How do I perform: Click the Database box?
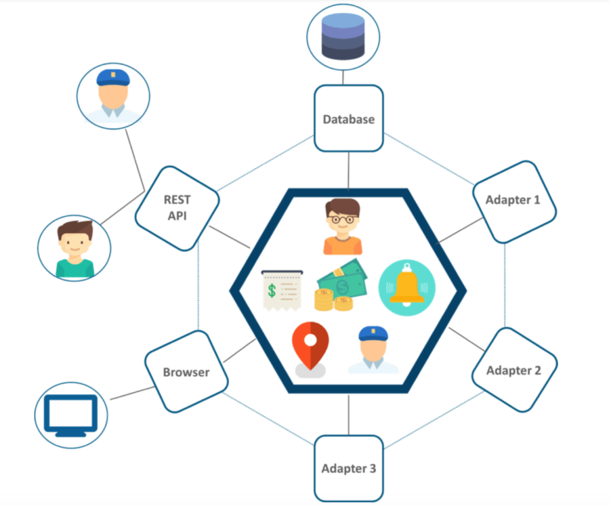point(349,118)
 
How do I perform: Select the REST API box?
point(177,208)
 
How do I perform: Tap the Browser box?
point(186,372)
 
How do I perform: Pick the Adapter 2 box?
point(514,370)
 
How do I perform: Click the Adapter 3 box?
point(349,468)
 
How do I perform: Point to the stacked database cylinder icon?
point(343,36)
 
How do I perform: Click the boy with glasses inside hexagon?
point(342,227)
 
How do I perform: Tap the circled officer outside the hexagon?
point(113,96)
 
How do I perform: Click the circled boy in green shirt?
point(74,248)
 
